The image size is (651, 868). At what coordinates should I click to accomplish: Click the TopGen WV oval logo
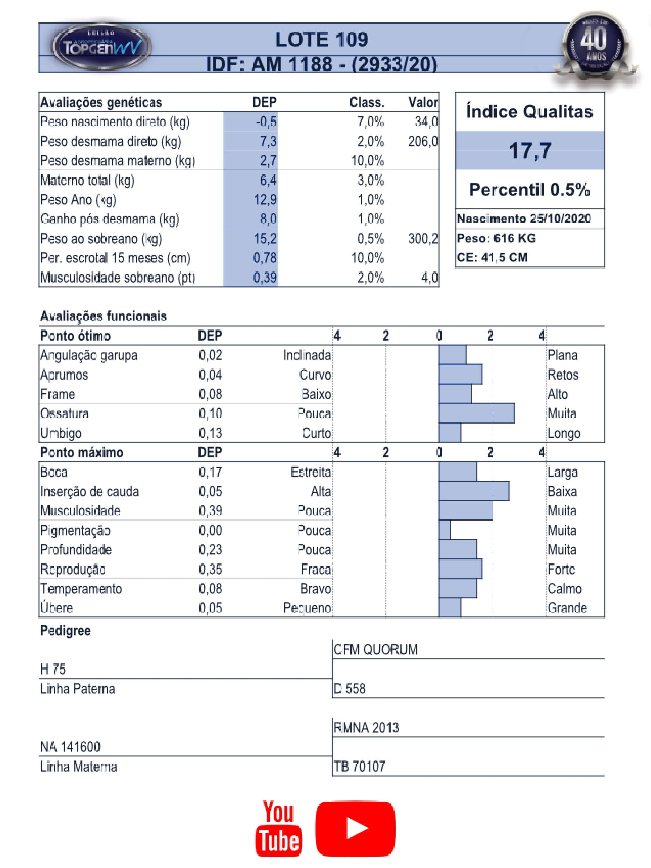point(102,47)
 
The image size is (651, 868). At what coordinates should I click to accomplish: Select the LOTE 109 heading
point(321,40)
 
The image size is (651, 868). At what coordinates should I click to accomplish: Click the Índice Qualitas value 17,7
point(530,150)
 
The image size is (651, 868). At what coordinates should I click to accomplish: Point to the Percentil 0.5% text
point(529,190)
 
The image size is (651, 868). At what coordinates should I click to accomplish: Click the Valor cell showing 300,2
point(422,239)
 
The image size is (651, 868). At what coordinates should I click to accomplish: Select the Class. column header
point(367,103)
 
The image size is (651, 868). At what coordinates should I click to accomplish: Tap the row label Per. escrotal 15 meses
point(115,258)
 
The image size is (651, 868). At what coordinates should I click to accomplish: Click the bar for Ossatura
point(477,413)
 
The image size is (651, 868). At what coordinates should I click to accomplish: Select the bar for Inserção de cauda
point(474,491)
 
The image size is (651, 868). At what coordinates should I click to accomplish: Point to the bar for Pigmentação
point(445,530)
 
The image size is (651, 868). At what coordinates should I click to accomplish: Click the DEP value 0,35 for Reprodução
point(211,569)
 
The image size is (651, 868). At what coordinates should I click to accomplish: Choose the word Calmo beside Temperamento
point(564,588)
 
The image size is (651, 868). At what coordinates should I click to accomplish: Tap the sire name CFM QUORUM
point(375,650)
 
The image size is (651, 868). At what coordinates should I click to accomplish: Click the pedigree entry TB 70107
point(359,766)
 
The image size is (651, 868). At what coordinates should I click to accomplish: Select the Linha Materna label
point(79,766)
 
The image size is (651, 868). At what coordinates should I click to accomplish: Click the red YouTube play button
point(355,828)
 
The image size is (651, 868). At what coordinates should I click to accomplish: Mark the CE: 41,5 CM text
point(492,258)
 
